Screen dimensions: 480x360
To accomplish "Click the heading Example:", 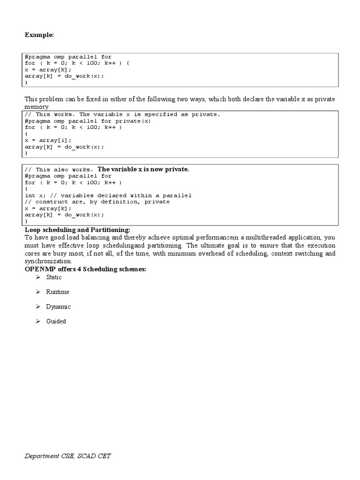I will (x=39, y=35).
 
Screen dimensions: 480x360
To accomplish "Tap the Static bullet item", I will (x=54, y=277).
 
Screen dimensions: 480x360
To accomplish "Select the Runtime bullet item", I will (x=58, y=292).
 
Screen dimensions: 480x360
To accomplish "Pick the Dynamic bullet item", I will (x=59, y=307).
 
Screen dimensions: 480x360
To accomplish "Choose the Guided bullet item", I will (x=56, y=322).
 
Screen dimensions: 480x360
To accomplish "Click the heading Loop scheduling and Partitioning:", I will (x=77, y=230).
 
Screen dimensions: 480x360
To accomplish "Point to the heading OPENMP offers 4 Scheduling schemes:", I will (x=85, y=269).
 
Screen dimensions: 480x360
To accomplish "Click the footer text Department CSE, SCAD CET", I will (x=68, y=456).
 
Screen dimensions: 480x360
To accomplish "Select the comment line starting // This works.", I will (x=122, y=114).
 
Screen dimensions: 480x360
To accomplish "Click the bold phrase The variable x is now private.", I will (x=143, y=169).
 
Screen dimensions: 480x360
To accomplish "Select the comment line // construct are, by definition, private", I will (x=97, y=202).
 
